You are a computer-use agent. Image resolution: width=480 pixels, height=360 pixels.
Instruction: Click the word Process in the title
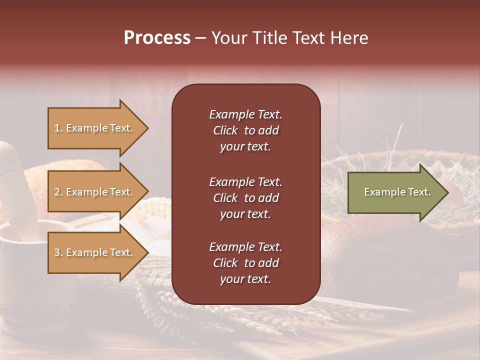157,38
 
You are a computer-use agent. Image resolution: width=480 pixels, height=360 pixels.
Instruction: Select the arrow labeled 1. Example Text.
95,128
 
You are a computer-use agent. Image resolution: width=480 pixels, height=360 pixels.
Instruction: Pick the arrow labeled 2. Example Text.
95,192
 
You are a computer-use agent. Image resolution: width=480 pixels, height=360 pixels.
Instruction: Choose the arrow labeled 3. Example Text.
95,252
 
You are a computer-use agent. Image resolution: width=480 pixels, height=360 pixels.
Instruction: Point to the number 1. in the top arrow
58,128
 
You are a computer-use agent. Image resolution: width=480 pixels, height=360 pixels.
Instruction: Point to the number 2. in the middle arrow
58,192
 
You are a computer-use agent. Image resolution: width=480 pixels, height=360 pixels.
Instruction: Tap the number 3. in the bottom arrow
58,252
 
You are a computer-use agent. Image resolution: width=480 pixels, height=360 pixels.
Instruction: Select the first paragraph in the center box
245,130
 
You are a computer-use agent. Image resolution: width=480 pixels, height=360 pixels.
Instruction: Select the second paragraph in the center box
245,198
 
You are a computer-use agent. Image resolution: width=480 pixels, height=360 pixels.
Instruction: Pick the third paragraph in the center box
245,263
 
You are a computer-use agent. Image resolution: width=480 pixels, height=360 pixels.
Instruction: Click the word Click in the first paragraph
225,130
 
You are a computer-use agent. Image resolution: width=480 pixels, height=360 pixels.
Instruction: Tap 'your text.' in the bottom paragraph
245,279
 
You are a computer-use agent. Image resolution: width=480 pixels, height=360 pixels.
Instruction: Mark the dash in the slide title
200,38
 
